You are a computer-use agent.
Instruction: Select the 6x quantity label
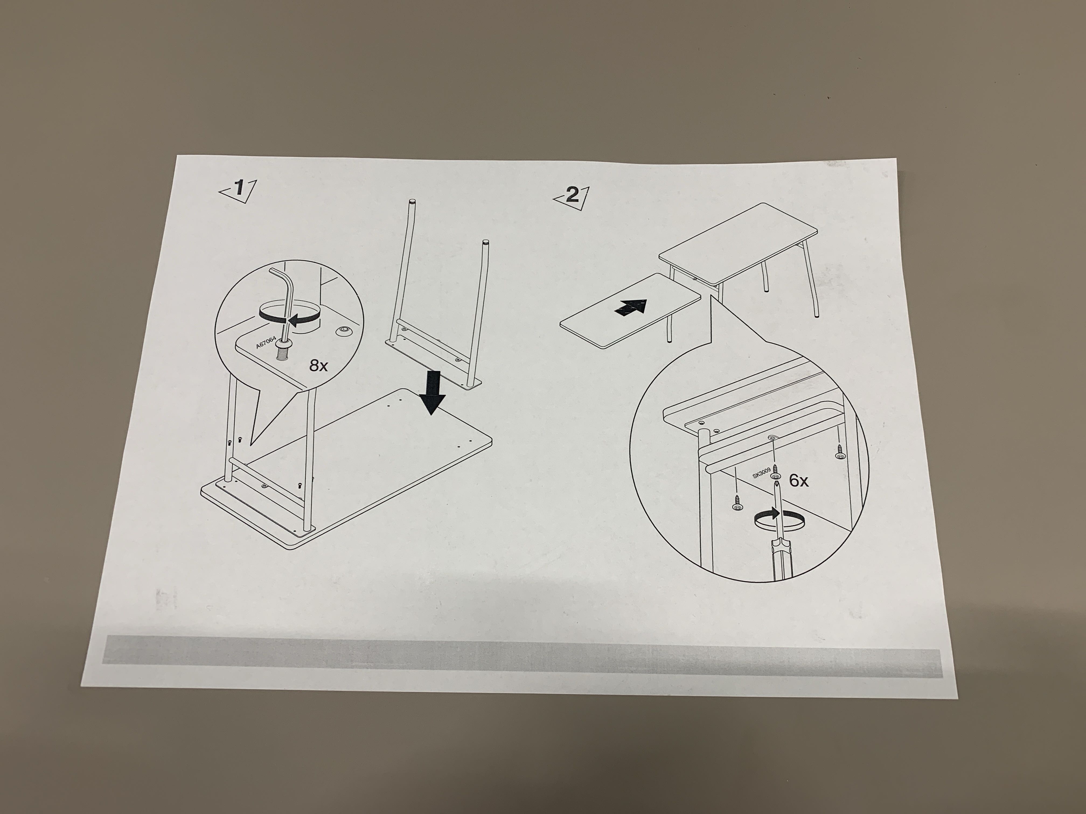[x=798, y=481]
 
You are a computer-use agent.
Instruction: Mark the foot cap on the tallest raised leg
[x=411, y=201]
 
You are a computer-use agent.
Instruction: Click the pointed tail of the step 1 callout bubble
[x=251, y=444]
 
